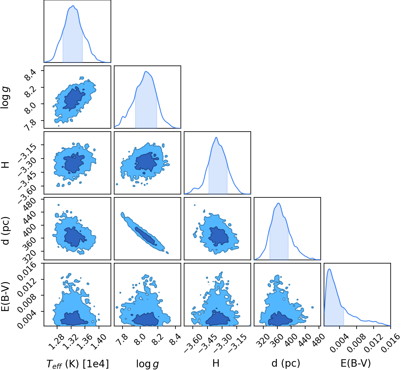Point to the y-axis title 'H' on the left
point(5,165)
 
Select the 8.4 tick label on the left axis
point(31,75)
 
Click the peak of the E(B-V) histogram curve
point(329,269)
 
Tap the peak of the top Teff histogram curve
point(73,6)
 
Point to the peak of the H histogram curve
point(216,137)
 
